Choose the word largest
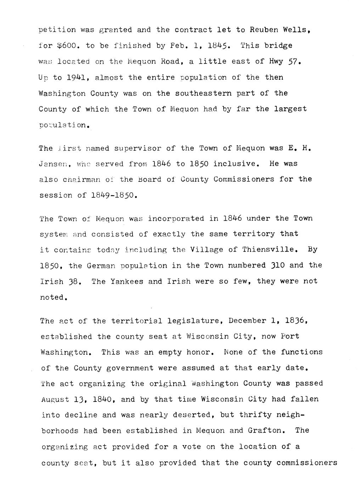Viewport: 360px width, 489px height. coord(290,109)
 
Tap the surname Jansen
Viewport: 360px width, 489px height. coord(53,164)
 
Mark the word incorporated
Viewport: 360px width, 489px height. coord(176,219)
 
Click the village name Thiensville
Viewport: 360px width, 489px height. coord(268,249)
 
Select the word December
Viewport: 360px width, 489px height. coord(247,321)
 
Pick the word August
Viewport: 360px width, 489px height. coord(53,400)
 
